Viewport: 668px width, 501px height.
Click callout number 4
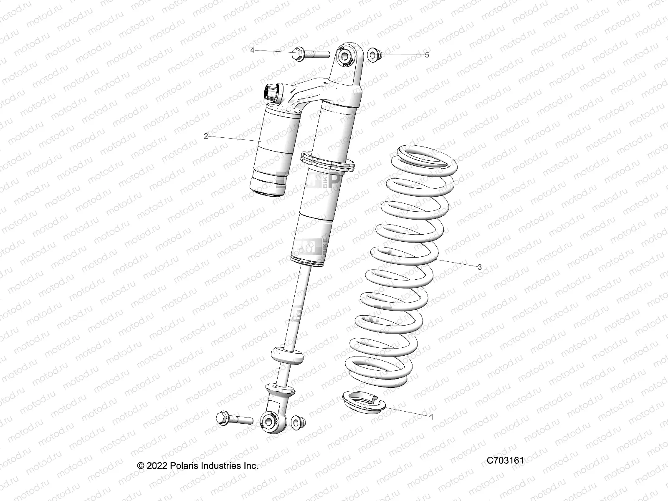point(252,50)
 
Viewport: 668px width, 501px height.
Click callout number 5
point(427,55)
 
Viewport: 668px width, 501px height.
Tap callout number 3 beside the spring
point(480,267)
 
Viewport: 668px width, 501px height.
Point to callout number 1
point(432,417)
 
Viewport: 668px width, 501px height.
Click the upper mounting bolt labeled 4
point(309,53)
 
